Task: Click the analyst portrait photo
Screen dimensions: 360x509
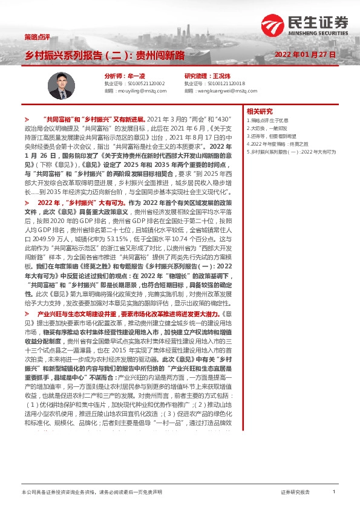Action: pyautogui.click(x=62, y=85)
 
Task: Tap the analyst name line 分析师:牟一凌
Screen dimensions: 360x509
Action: pyautogui.click(x=125, y=76)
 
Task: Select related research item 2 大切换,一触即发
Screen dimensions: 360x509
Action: pyautogui.click(x=267, y=128)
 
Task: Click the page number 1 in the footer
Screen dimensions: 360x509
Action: pyautogui.click(x=333, y=492)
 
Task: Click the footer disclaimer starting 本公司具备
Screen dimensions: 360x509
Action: pyautogui.click(x=91, y=493)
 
